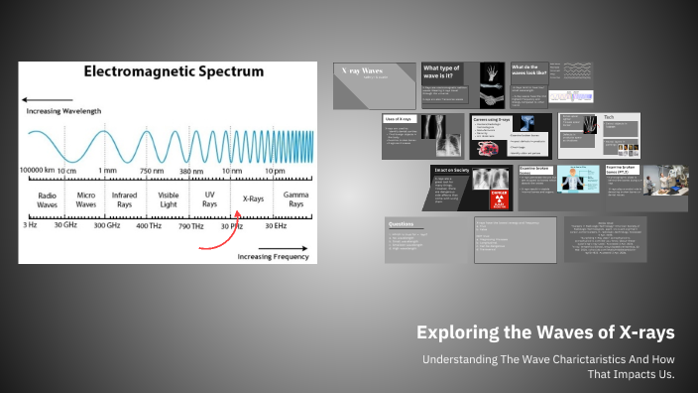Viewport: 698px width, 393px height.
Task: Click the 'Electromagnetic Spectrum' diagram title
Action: tap(174, 72)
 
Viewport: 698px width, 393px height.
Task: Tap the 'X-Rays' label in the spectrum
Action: tap(253, 197)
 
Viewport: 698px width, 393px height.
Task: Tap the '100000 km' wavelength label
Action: tap(38, 171)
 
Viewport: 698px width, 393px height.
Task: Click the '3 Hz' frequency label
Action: tap(30, 226)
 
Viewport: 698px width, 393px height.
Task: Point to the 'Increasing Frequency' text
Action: tap(274, 257)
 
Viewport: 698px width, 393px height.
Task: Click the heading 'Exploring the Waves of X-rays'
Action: tap(545, 331)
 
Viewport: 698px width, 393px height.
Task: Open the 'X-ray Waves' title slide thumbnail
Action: tap(374, 84)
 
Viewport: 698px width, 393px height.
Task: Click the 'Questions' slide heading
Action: tap(402, 224)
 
